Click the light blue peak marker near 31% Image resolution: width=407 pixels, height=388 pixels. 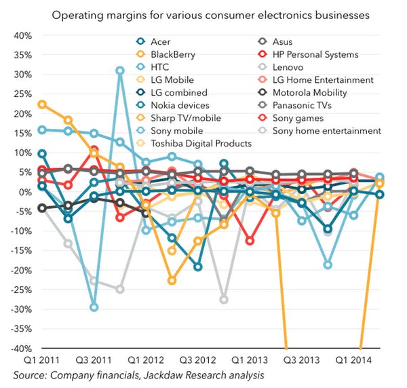120,71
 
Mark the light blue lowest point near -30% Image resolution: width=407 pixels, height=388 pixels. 94,307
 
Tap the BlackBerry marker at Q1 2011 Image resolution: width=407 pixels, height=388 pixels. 42,104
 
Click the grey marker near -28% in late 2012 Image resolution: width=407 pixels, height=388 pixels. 224,300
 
